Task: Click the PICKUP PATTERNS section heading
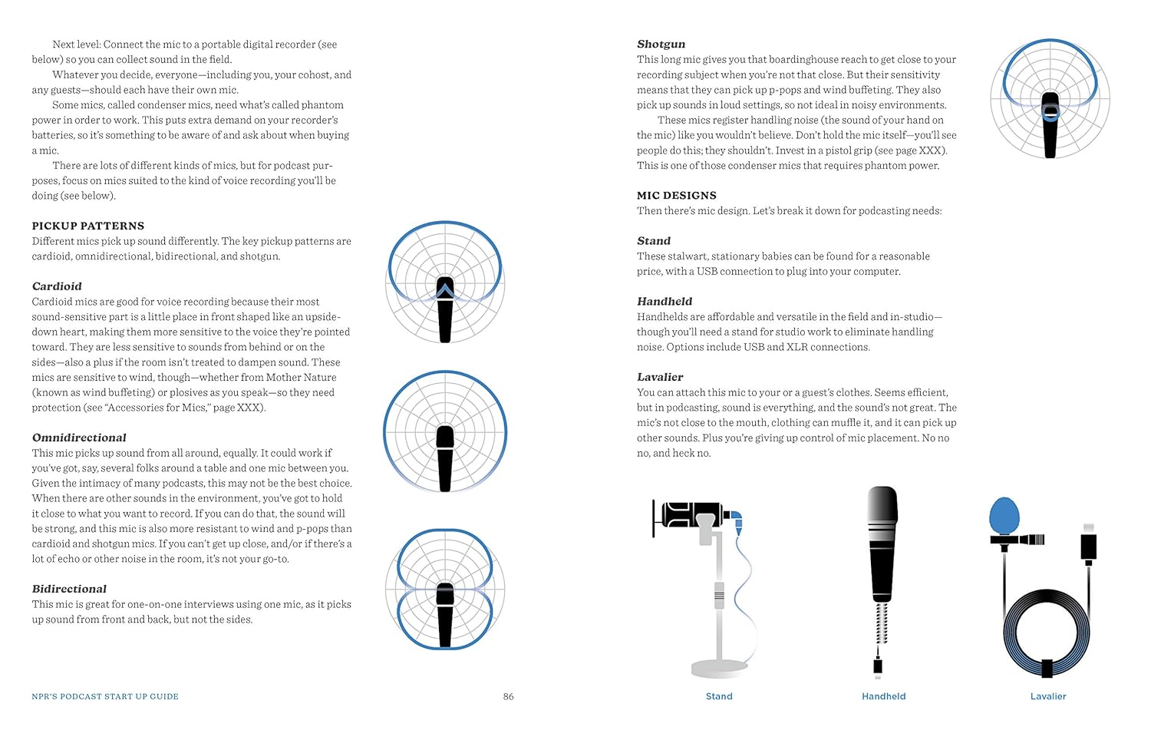87,226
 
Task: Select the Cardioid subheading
57,286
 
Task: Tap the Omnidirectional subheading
79,438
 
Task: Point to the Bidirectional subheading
69,589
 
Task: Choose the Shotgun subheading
661,44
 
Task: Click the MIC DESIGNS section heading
676,195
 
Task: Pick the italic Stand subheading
653,241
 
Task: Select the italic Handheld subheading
665,302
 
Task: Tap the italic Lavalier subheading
660,377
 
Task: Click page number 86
508,696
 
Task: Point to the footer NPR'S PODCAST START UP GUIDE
105,696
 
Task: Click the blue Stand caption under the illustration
719,696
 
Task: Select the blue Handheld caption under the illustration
883,696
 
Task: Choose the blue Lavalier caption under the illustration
1048,696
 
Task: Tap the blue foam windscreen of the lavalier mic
1004,516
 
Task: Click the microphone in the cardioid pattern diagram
445,311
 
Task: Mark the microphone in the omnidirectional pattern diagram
445,458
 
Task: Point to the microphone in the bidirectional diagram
445,614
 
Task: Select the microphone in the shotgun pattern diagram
1050,125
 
